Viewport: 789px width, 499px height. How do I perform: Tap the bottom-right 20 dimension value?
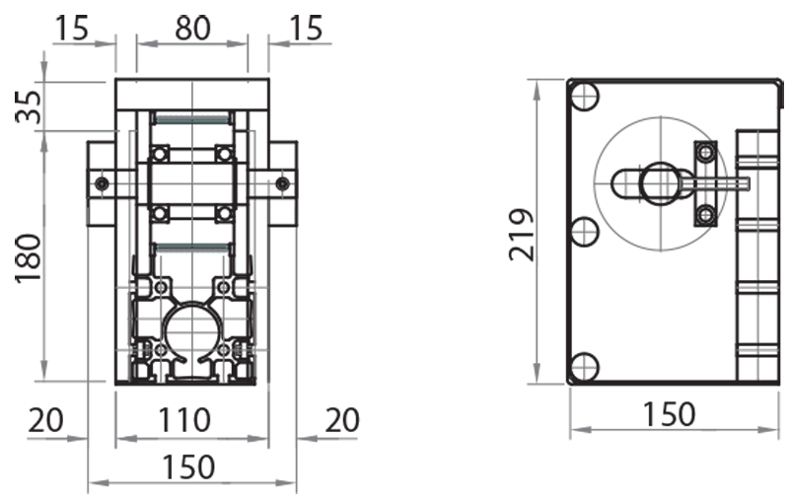340,420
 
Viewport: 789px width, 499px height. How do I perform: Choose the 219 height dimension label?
522,234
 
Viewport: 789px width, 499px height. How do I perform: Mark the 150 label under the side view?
668,413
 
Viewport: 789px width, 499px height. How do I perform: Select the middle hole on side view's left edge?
585,232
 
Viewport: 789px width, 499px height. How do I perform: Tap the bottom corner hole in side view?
585,367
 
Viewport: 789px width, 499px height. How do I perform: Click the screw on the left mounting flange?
101,182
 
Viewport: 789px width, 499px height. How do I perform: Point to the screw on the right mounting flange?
283,182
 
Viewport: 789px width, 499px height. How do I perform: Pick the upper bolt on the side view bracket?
705,152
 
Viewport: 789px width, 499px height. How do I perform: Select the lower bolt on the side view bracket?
705,214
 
